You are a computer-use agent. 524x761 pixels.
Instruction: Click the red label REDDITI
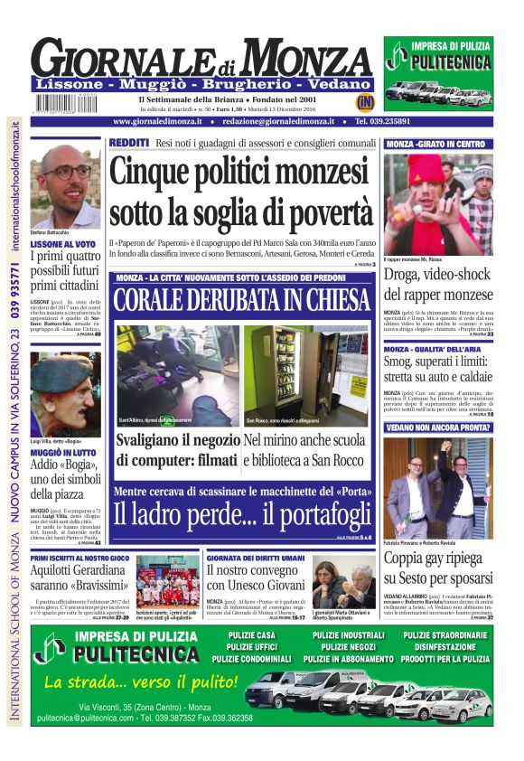[x=129, y=143]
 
